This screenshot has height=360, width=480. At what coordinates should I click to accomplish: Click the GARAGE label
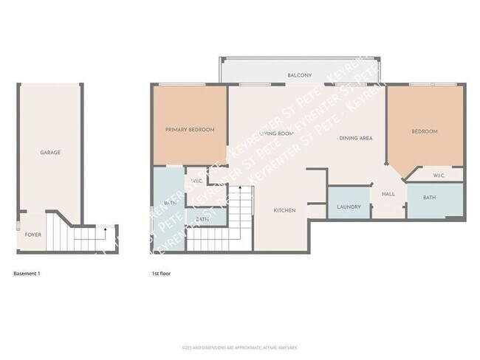click(50, 153)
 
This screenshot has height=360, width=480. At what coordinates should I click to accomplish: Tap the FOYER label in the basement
click(33, 235)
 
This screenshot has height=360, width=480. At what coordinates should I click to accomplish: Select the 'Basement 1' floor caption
click(27, 274)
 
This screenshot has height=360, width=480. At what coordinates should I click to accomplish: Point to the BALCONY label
click(299, 75)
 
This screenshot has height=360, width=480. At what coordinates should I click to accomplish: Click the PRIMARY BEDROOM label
click(190, 130)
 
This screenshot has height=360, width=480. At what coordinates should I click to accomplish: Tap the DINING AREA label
click(355, 139)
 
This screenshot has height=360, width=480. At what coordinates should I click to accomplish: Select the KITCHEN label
click(284, 210)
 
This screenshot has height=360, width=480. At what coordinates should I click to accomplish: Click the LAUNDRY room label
click(349, 207)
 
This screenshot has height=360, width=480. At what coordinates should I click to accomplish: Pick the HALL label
click(388, 194)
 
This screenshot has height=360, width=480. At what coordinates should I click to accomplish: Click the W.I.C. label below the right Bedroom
click(438, 176)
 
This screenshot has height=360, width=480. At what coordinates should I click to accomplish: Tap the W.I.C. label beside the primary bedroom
click(197, 181)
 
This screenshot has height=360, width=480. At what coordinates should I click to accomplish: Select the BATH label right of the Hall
click(430, 198)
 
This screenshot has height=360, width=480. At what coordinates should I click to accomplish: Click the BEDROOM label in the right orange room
click(425, 131)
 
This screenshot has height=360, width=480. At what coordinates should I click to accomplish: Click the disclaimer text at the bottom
click(239, 347)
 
